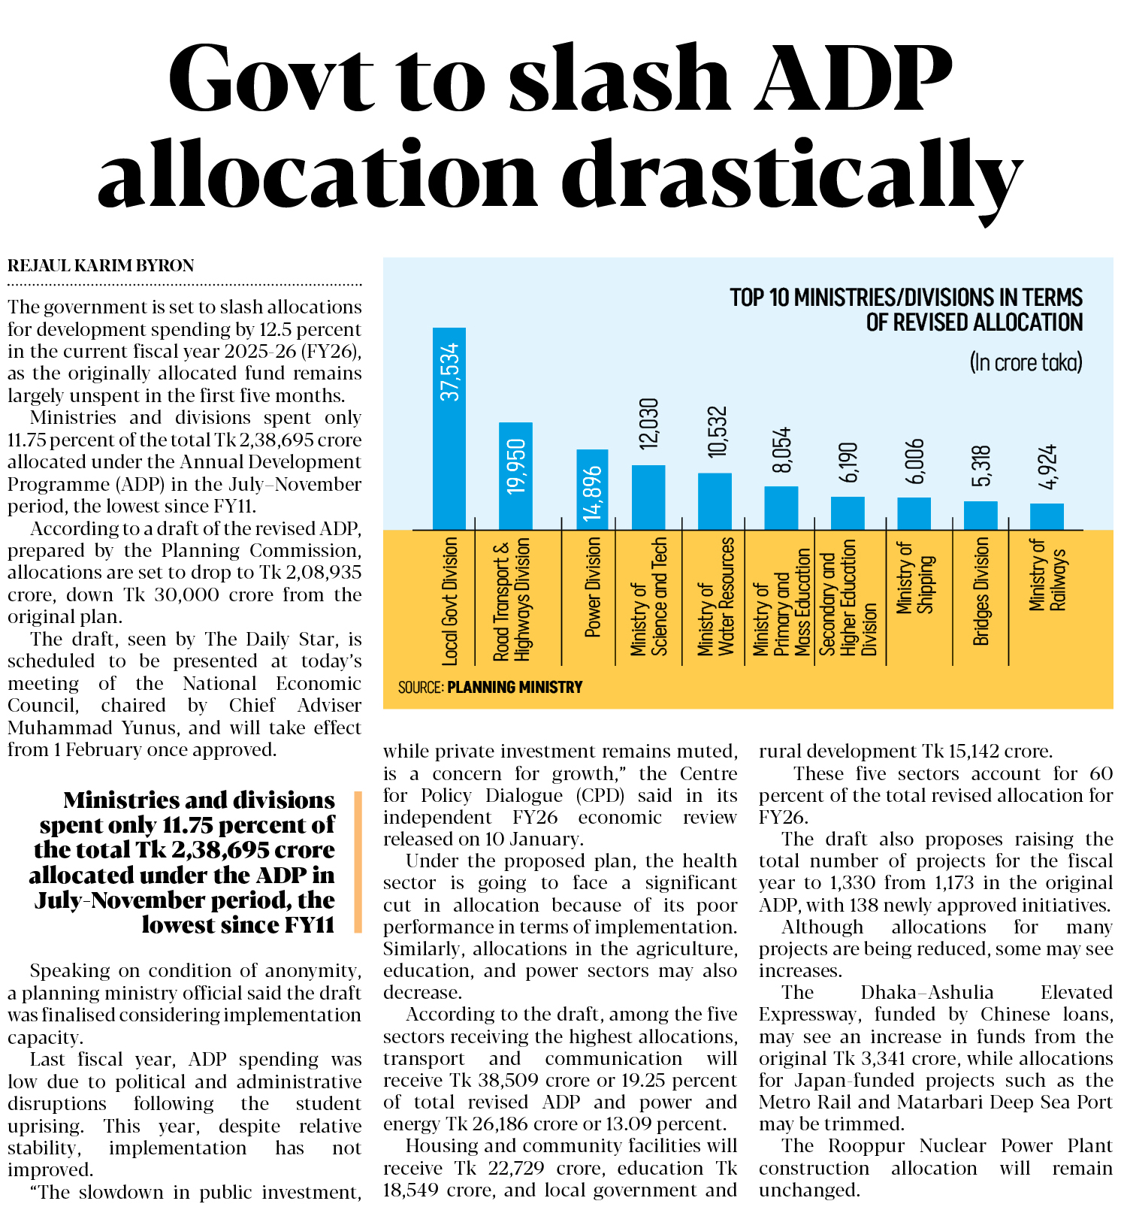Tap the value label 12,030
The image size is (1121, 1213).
648,424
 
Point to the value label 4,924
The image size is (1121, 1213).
1047,467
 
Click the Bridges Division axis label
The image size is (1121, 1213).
981,591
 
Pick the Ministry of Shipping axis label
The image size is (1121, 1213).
915,578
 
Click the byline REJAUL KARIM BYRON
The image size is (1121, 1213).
101,265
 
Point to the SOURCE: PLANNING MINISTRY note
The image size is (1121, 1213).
491,687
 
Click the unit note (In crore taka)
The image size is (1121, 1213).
1026,362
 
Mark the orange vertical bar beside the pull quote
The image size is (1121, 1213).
358,861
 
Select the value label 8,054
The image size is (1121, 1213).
781,450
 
